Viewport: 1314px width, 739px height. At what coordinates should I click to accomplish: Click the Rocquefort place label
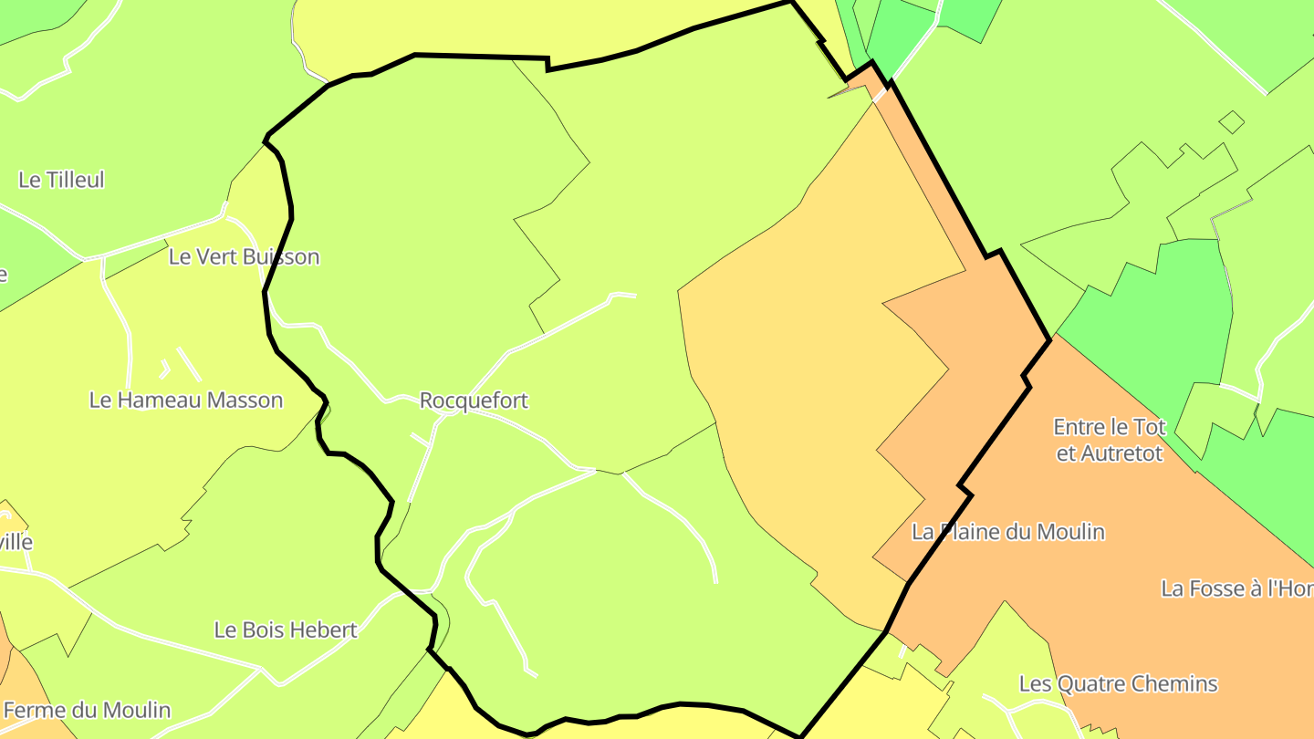[x=474, y=401]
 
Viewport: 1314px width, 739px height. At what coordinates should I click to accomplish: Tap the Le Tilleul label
[x=61, y=180]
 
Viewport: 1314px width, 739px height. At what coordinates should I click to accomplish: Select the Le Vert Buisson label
[x=244, y=256]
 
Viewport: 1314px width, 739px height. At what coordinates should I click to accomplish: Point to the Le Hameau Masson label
[x=186, y=400]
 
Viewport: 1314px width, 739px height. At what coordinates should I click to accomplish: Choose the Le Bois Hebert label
[x=285, y=630]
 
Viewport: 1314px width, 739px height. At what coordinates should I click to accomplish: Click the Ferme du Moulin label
[x=87, y=710]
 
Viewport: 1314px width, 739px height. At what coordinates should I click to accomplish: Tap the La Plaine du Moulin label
[x=1008, y=532]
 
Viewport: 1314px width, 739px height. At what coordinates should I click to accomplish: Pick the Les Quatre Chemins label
[x=1118, y=683]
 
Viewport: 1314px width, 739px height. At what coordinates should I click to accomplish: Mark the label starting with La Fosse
[x=1236, y=588]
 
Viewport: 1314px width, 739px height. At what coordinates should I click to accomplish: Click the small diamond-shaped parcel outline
[x=1232, y=121]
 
